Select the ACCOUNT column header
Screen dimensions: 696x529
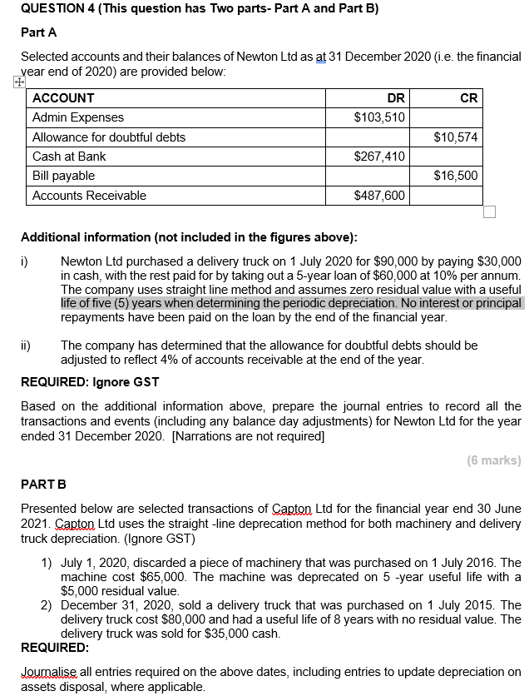[x=63, y=97]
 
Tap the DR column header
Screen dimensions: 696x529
[x=396, y=97]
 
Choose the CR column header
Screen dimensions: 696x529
[x=468, y=97]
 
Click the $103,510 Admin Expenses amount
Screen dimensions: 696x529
[x=380, y=117]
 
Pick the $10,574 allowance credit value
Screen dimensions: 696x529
[x=456, y=137]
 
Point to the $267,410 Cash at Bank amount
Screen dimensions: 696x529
[x=380, y=157]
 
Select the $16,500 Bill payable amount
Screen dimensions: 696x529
[x=456, y=176]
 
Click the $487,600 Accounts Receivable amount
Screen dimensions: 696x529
[x=380, y=196]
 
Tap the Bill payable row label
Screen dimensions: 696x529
[x=63, y=176]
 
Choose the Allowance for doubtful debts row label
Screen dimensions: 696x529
[x=109, y=137]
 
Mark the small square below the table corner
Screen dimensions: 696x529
[x=489, y=211]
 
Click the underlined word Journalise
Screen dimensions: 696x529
[x=47, y=673]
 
